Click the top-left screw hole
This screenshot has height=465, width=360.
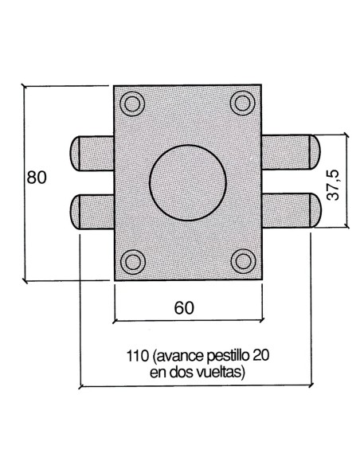coord(134,102)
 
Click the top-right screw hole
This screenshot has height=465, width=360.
coord(241,102)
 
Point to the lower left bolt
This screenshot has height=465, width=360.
coord(92,211)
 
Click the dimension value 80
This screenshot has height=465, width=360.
coord(36,178)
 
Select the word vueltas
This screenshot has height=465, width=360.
coord(221,371)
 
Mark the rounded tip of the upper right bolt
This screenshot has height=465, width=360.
coord(315,151)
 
